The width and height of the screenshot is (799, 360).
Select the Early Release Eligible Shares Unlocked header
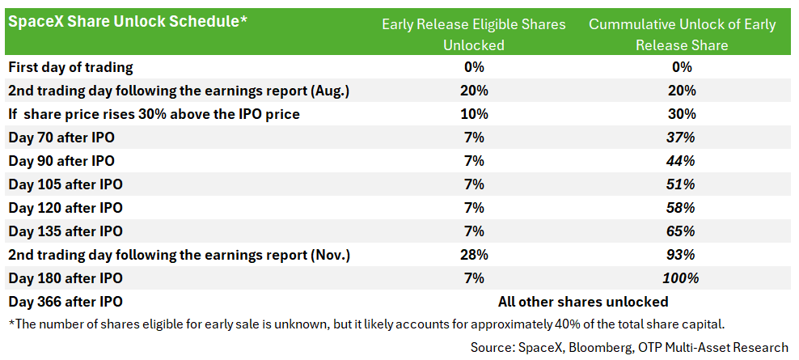click(474, 35)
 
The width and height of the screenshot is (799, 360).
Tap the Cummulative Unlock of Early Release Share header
click(682, 35)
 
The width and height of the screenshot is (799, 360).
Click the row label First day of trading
click(71, 67)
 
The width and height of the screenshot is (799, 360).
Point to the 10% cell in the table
click(474, 114)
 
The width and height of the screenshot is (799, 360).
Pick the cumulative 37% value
click(682, 138)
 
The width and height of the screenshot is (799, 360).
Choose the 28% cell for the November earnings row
click(474, 255)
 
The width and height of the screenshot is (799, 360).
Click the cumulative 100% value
click(681, 278)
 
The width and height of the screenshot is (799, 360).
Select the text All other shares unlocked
click(583, 302)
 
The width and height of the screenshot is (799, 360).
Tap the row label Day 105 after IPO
click(66, 184)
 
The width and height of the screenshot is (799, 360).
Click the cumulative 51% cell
click(682, 184)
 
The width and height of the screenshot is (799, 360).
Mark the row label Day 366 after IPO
click(66, 302)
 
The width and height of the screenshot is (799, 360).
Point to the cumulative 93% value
click(682, 255)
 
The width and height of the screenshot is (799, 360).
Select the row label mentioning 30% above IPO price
click(154, 114)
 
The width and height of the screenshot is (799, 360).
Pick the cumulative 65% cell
click(682, 231)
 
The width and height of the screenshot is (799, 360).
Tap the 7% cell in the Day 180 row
click(474, 278)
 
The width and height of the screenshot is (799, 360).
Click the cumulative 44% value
click(682, 161)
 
